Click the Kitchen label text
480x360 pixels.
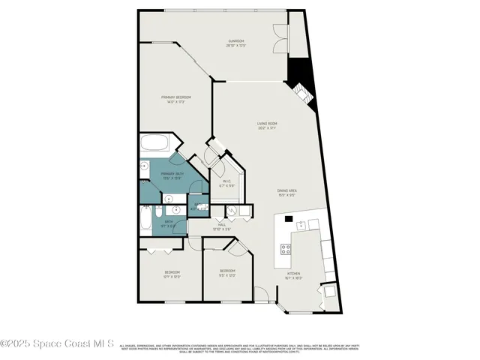(293, 274)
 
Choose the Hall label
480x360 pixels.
(222, 223)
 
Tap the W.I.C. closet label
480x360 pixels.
(225, 181)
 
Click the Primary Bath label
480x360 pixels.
(172, 175)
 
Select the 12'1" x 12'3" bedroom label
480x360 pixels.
(172, 271)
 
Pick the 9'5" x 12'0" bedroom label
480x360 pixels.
(227, 271)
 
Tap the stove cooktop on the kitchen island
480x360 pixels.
(286, 250)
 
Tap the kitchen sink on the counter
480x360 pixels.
(302, 224)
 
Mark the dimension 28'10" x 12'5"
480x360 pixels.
(236, 46)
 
